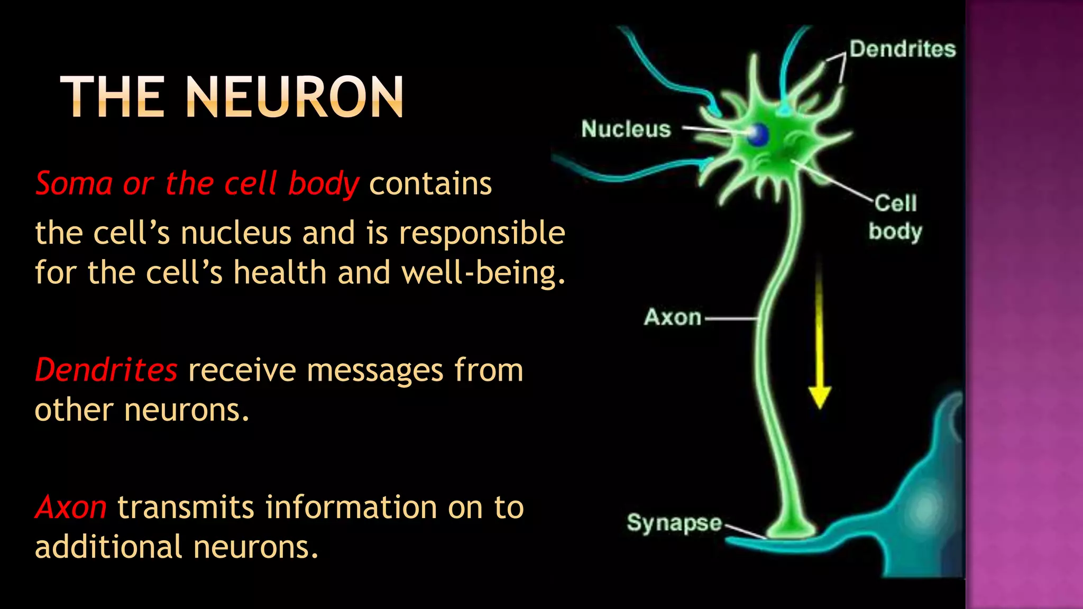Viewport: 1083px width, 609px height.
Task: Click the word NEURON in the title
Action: pyautogui.click(x=295, y=97)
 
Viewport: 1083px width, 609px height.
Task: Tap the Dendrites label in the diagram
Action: pyautogui.click(x=903, y=49)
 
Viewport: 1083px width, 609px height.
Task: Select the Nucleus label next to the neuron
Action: pyautogui.click(x=626, y=130)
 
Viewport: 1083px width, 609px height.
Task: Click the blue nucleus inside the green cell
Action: pyautogui.click(x=758, y=135)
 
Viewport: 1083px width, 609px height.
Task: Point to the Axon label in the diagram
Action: pyautogui.click(x=672, y=318)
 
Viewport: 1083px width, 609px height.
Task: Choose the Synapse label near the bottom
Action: pyautogui.click(x=674, y=523)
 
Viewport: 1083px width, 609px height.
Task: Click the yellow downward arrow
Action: pyautogui.click(x=820, y=338)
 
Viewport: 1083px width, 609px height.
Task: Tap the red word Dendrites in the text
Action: pyautogui.click(x=106, y=370)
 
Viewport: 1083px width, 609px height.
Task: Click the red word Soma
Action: pyautogui.click(x=74, y=184)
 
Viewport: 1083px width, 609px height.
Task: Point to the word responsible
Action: pyautogui.click(x=482, y=233)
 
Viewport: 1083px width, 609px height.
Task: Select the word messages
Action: pyautogui.click(x=374, y=370)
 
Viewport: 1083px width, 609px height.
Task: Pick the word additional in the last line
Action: pyautogui.click(x=108, y=547)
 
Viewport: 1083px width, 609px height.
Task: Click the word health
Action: pyautogui.click(x=280, y=273)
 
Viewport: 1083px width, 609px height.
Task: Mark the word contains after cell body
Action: pyautogui.click(x=430, y=184)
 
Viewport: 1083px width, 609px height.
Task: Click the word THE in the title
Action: pyautogui.click(x=113, y=97)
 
